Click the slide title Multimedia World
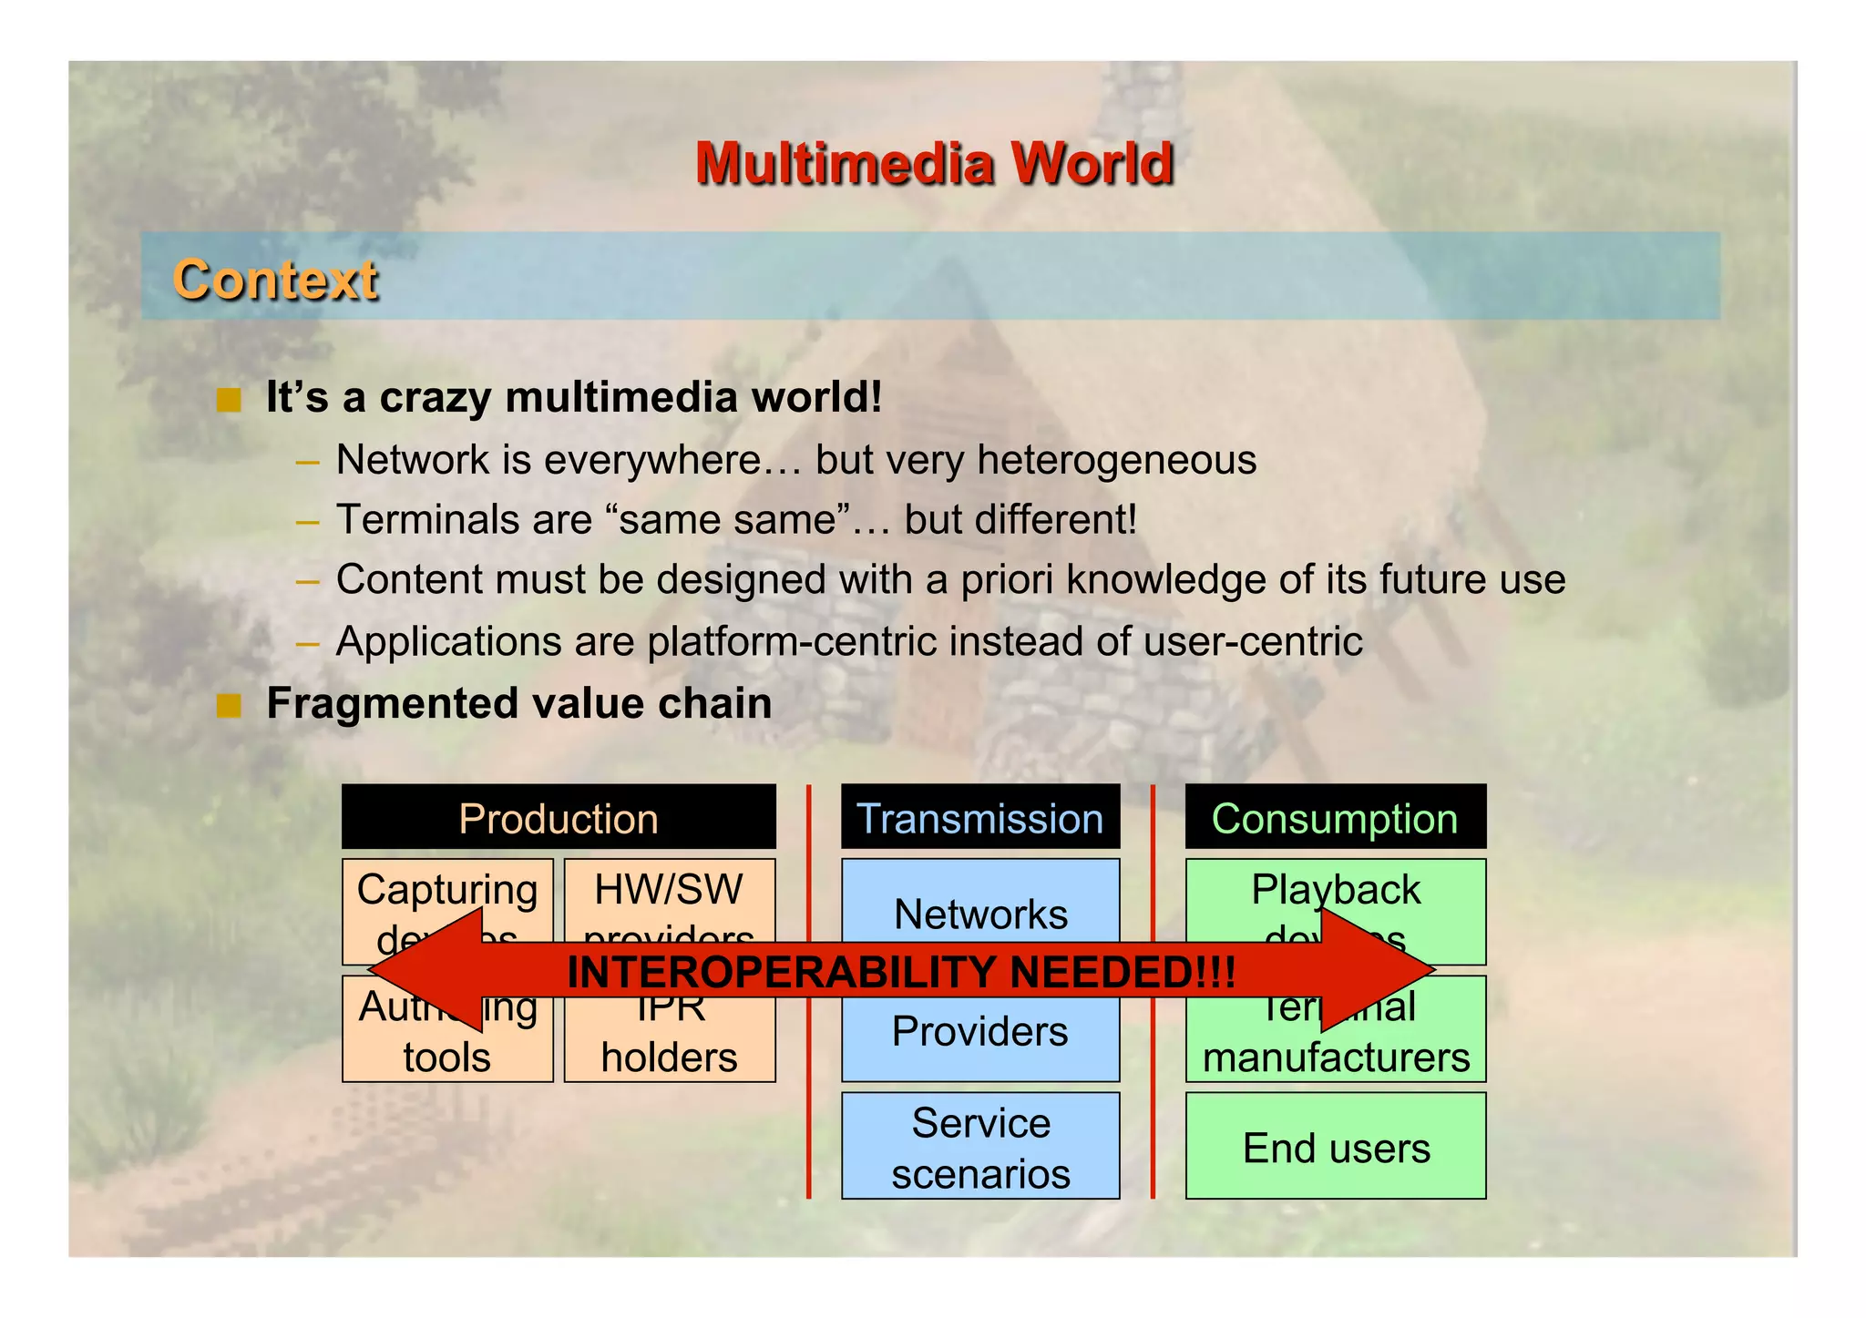tap(934, 164)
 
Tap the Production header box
tap(559, 818)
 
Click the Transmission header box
tap(980, 818)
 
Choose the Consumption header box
tap(1335, 818)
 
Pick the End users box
tap(1336, 1148)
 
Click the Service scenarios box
tap(980, 1148)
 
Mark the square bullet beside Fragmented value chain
tap(229, 705)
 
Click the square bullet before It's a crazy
tap(229, 399)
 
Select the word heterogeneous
tap(1116, 459)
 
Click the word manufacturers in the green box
tap(1336, 1057)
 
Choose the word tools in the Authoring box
tap(446, 1057)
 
